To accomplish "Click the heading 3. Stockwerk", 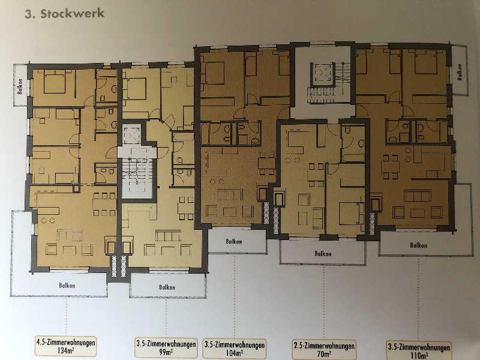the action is (x=65, y=14).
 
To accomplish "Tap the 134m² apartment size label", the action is (x=66, y=351).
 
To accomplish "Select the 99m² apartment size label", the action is (x=166, y=352).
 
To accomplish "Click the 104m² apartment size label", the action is (x=235, y=353).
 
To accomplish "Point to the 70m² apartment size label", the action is (x=324, y=355).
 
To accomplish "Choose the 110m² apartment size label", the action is (x=419, y=356).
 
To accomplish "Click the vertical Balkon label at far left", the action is (x=20, y=86).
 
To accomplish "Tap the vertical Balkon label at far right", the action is (x=459, y=72).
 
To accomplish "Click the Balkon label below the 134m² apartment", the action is (x=67, y=286).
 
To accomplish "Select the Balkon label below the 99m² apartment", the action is (x=167, y=287).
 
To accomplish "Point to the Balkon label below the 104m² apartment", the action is (x=234, y=242).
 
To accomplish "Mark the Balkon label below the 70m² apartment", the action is (x=323, y=254).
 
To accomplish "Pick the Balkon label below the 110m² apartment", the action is (x=418, y=245).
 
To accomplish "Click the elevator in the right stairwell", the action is (x=322, y=74).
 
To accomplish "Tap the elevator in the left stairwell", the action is (x=131, y=134).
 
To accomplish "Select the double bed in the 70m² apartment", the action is (x=352, y=213).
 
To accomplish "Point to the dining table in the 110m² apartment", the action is (x=390, y=167).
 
